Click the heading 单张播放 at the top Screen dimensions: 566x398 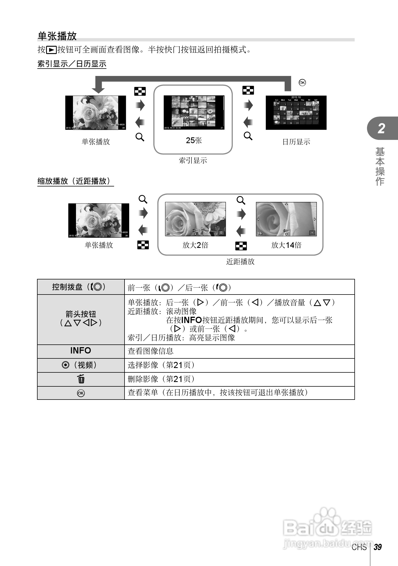point(57,36)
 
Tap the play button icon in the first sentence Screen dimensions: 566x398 point(51,50)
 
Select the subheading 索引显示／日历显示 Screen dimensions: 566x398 point(72,64)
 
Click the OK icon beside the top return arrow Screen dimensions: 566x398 point(302,83)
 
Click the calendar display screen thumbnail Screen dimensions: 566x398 point(296,113)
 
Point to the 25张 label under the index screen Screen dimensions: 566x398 point(194,140)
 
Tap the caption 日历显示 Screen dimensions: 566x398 point(296,142)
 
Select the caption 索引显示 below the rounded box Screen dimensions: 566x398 point(193,160)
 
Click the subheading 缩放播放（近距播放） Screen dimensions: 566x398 point(75,181)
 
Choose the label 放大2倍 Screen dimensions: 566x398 point(195,245)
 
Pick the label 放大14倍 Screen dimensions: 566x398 point(286,245)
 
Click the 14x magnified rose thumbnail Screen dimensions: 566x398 point(286,219)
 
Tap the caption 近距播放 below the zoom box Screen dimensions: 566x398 point(240,262)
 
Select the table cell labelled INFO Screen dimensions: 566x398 point(81,351)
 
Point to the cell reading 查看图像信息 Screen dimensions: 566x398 point(151,351)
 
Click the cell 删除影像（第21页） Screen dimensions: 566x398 point(162,379)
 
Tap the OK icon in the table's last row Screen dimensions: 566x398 point(81,393)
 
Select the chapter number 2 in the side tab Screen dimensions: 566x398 point(382,128)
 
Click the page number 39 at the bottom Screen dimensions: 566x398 point(378,547)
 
